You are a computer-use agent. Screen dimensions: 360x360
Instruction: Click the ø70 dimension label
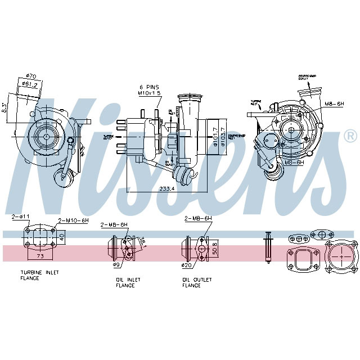click(32, 76)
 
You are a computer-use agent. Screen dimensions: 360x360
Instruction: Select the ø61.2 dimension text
click(30, 84)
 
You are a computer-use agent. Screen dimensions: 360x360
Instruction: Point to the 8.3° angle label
click(4, 107)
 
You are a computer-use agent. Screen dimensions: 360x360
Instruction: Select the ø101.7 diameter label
click(215, 137)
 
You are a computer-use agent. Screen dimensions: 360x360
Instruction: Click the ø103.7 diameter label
click(223, 137)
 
